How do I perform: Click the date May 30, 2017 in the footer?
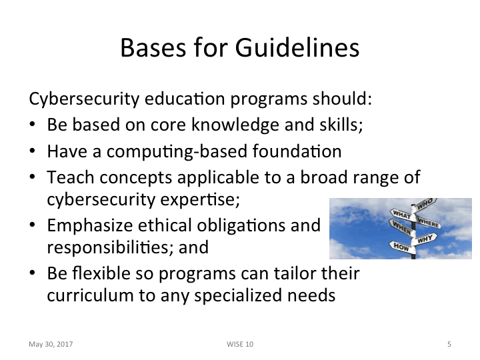click(51, 344)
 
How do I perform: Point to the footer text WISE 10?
click(240, 344)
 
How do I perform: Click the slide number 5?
click(449, 344)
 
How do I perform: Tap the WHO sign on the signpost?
click(427, 203)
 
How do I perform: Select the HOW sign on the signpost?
click(401, 246)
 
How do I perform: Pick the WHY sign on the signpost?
click(426, 237)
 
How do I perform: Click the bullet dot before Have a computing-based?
click(33, 151)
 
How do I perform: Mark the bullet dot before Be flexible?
click(33, 273)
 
